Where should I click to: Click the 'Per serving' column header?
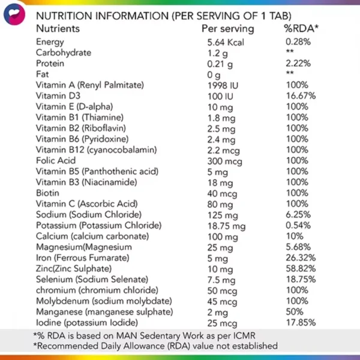227,28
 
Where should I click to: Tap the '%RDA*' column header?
301,28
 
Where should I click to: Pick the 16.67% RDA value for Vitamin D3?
301,95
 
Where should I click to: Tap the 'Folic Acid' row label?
55,160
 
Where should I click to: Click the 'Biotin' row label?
47,193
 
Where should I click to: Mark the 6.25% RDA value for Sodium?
299,214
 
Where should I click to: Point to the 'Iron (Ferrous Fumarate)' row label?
82,257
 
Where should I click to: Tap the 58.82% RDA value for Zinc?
301,268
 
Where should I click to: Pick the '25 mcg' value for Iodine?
222,322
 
